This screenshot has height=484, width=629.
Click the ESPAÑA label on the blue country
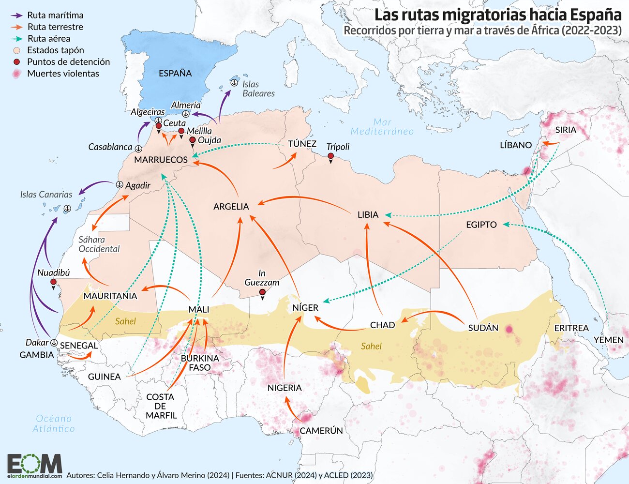point(175,73)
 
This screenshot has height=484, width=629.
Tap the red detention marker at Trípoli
point(330,156)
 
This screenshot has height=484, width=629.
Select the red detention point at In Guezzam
point(262,292)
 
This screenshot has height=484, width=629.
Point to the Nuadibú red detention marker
point(53,282)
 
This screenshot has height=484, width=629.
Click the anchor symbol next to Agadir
point(120,185)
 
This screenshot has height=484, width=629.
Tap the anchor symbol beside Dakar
point(54,342)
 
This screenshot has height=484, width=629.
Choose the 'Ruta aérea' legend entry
point(48,38)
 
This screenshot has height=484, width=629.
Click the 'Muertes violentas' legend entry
point(63,74)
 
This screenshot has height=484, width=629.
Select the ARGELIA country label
point(231,207)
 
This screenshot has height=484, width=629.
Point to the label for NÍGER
point(305,307)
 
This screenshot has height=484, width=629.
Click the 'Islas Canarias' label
point(46,195)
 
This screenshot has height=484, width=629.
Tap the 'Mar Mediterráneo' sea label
point(382,127)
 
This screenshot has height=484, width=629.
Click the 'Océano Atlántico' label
point(54,423)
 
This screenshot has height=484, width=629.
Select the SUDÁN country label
point(483,328)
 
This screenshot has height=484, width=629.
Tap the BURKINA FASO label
point(199,363)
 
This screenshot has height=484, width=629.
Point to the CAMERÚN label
point(321,430)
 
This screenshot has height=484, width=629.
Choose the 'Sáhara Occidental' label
point(99,244)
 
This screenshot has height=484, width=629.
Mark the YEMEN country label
point(608,340)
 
